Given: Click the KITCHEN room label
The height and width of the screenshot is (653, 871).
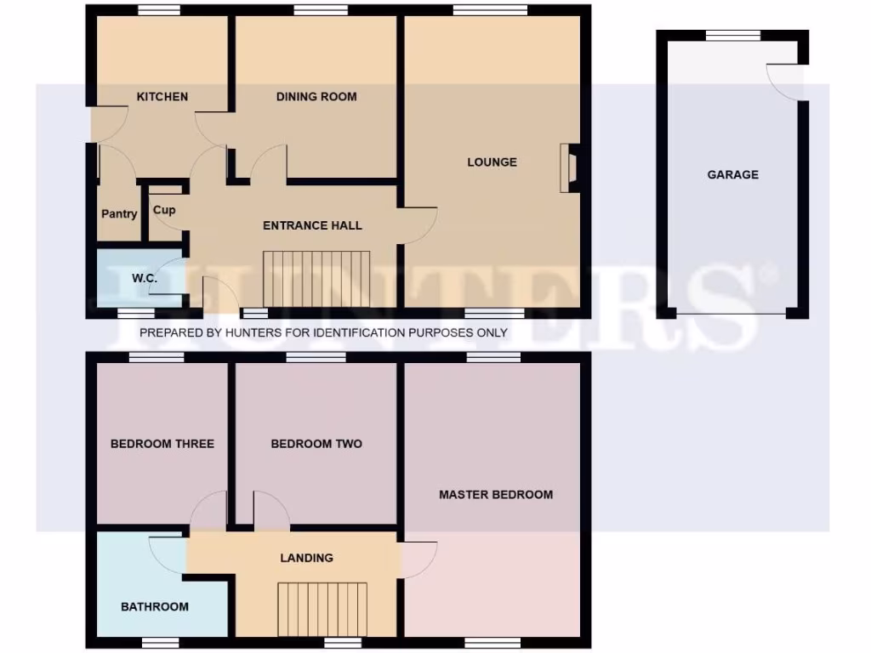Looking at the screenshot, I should [162, 97].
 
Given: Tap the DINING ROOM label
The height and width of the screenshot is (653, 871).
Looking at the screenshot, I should [316, 97].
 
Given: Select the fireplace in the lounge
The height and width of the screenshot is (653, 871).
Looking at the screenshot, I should [568, 168].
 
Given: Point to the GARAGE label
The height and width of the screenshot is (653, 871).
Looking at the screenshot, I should [732, 175].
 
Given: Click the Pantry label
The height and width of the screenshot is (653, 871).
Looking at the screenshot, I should [119, 214].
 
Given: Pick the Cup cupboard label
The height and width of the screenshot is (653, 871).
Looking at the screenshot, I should [164, 210].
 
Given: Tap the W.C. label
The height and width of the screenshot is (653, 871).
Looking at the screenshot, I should [141, 279].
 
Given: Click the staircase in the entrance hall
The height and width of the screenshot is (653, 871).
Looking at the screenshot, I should [316, 278].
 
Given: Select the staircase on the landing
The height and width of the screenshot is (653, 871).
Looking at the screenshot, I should [322, 609].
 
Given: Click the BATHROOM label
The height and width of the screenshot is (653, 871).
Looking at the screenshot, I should [154, 607].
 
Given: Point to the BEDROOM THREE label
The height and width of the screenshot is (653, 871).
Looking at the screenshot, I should [162, 444].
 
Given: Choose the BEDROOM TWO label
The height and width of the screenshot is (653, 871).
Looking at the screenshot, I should [316, 444].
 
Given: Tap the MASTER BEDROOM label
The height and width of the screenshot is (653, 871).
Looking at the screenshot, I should [496, 495].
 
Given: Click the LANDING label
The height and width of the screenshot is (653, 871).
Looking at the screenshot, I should [307, 559].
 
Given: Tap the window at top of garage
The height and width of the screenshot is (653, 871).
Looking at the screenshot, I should [732, 36].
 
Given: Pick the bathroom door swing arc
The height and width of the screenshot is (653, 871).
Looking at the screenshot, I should [167, 554].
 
